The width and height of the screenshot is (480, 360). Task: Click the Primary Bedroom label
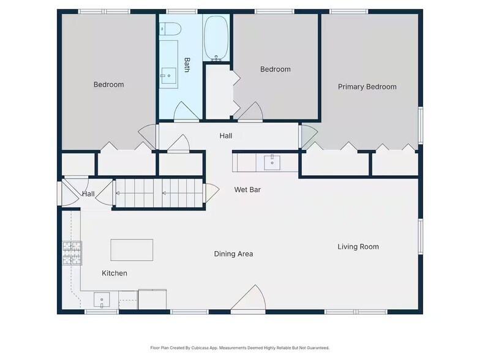[x=367, y=87]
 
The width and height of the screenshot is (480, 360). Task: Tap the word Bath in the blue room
[x=187, y=65]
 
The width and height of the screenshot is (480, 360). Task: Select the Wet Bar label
[x=247, y=190]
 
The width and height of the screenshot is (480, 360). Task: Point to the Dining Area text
[x=233, y=253]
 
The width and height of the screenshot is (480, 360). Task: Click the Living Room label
[x=358, y=247]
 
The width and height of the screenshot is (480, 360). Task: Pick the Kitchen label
[x=114, y=273]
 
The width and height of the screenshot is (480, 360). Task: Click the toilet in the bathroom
[x=170, y=29]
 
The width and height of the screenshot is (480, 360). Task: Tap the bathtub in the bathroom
[x=216, y=38]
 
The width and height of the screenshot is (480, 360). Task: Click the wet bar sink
[x=272, y=162]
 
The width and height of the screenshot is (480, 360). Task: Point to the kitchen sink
[x=102, y=300]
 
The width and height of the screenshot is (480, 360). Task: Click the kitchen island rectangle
[x=132, y=250]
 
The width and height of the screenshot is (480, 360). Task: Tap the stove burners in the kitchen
[x=72, y=253]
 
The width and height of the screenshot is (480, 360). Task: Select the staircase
[x=159, y=193]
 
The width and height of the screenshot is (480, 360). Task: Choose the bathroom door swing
[x=186, y=111]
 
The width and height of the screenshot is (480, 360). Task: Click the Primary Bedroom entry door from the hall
[x=309, y=135]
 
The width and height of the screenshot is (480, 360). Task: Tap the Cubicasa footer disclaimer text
[x=240, y=348]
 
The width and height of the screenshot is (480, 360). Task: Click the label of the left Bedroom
[x=109, y=84]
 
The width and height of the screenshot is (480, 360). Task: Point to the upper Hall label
[x=226, y=136]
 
